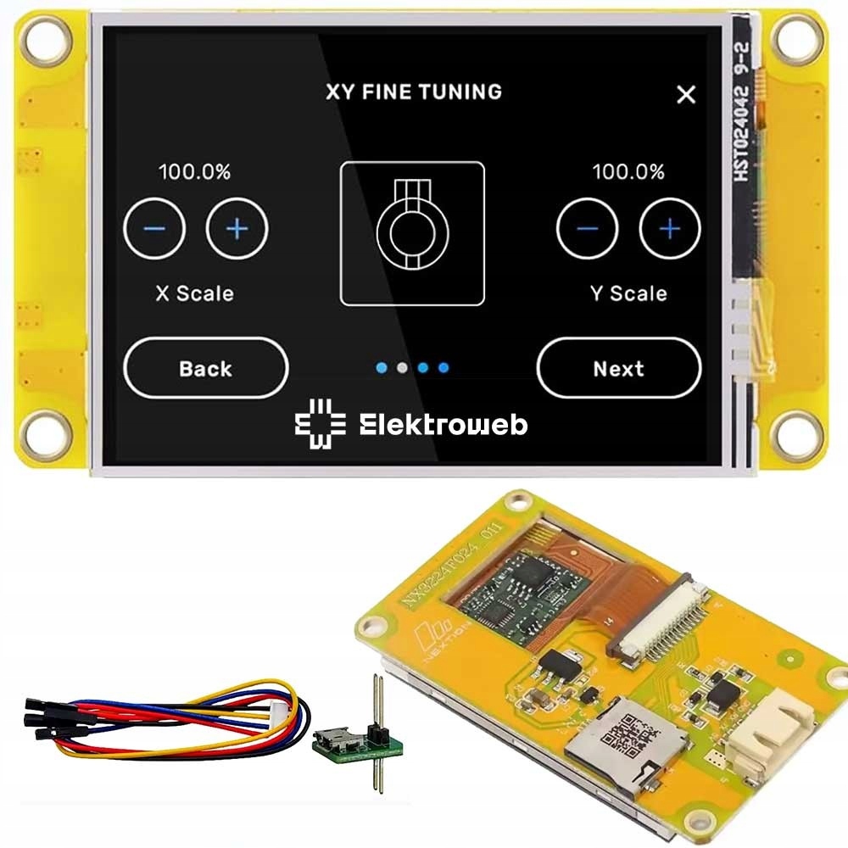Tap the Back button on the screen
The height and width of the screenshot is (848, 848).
205,369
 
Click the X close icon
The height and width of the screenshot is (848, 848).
686,94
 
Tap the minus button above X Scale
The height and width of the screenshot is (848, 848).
154,229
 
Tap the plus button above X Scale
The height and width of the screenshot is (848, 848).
237,229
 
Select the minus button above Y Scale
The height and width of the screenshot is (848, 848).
587,229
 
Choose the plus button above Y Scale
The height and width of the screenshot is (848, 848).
670,229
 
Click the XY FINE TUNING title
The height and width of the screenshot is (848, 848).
414,92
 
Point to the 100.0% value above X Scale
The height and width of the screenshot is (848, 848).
195,172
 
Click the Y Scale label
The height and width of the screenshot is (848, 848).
628,293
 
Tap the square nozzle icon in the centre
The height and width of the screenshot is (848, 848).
412,233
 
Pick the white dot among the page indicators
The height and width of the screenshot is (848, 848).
403,368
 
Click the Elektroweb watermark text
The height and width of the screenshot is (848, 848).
443,425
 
